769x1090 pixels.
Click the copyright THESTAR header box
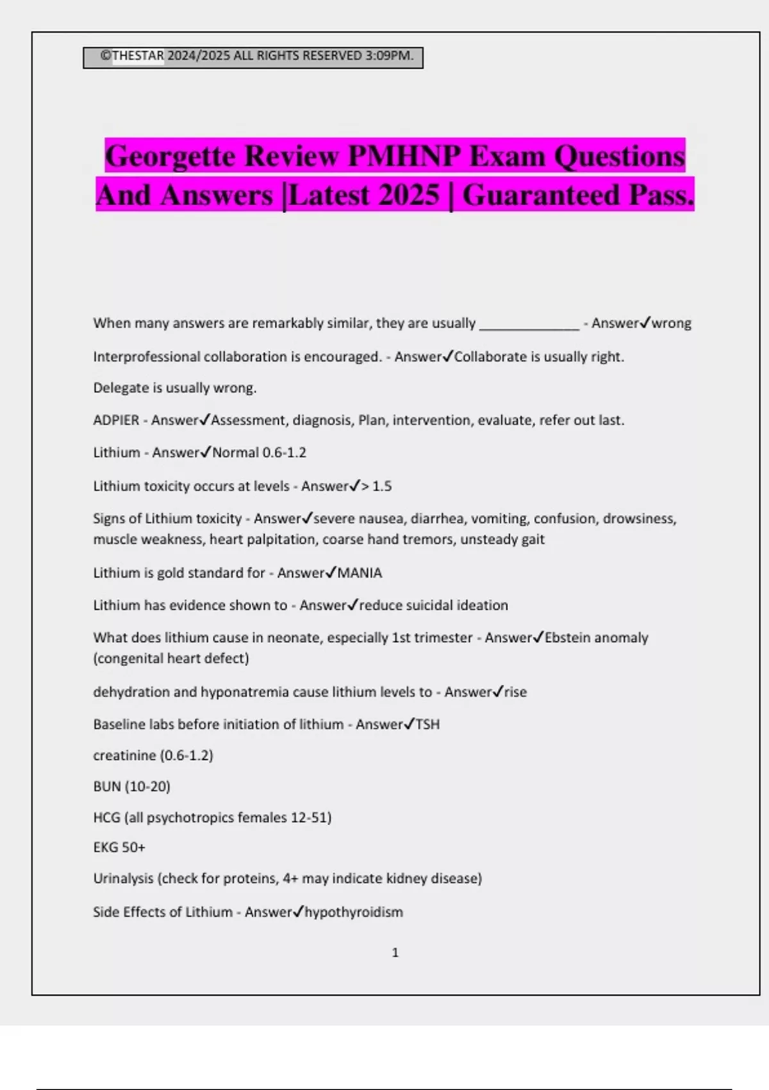point(252,57)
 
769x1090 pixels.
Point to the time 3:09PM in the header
point(388,56)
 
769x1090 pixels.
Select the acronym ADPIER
point(116,421)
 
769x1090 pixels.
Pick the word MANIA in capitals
point(360,573)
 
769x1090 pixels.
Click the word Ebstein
point(568,637)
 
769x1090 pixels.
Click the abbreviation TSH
point(427,725)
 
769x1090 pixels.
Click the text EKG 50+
point(119,848)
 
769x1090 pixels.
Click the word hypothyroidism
point(354,912)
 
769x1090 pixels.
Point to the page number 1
point(395,953)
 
